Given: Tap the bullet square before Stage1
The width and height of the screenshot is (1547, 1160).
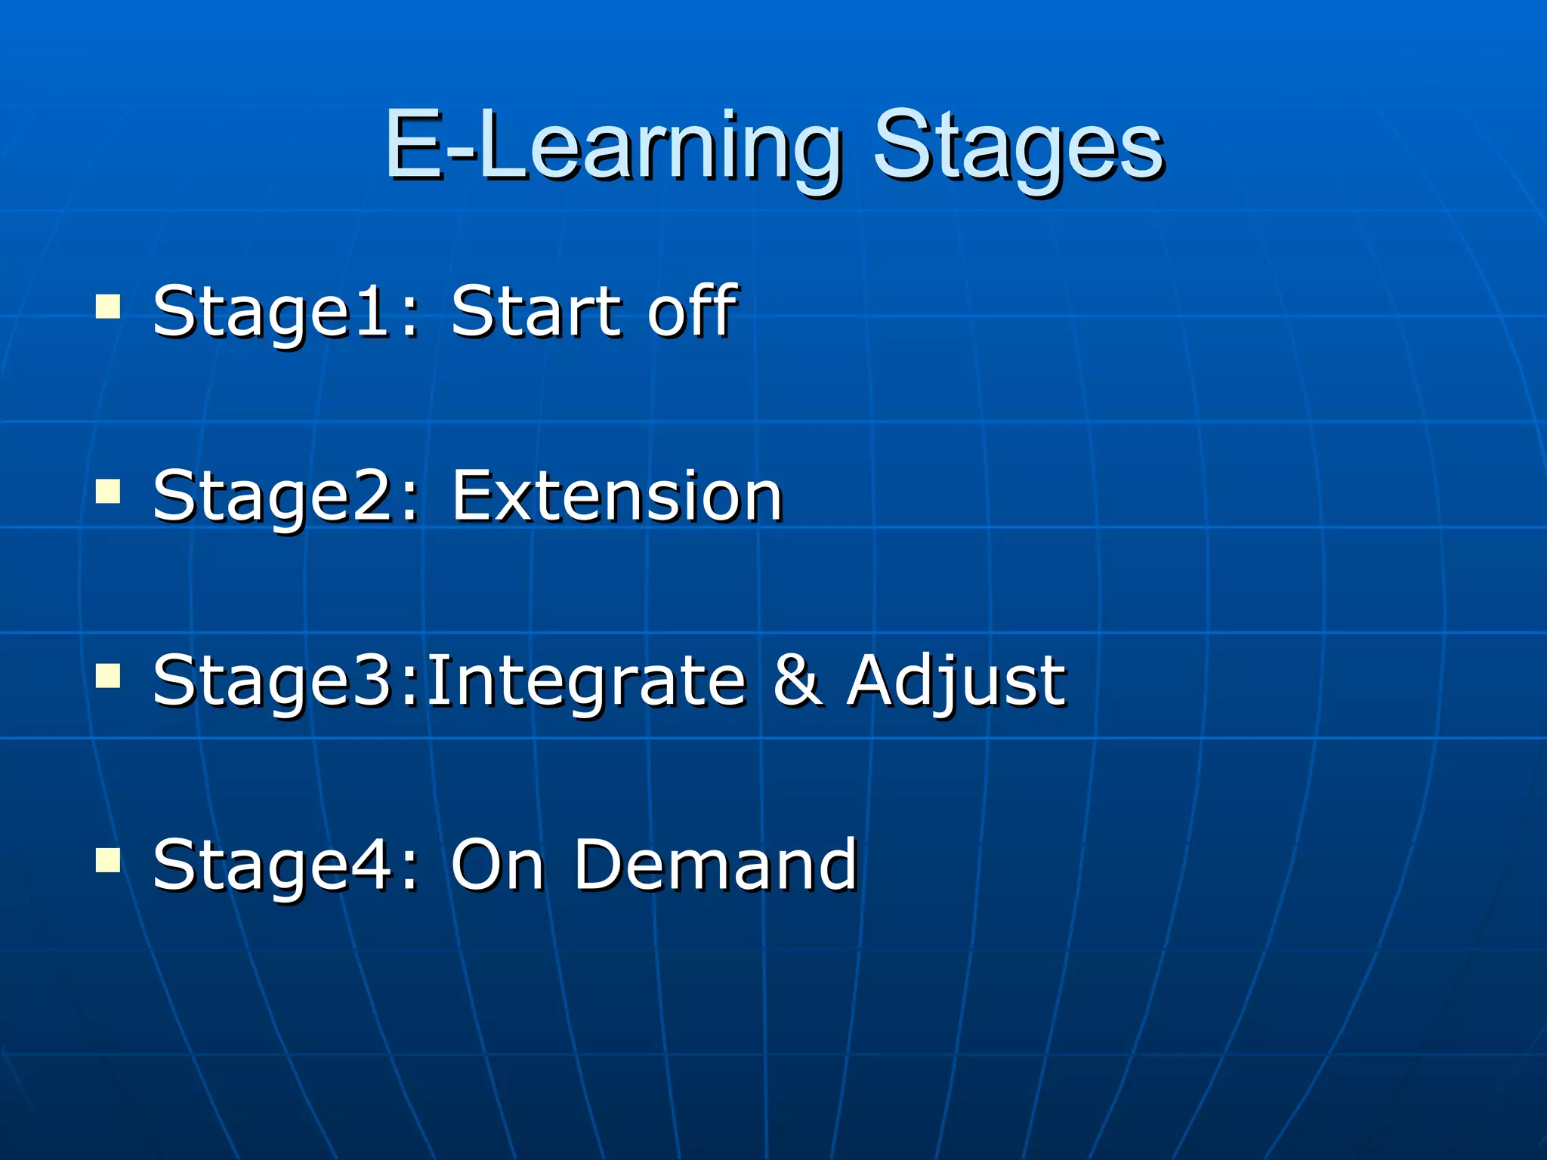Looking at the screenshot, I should pyautogui.click(x=108, y=307).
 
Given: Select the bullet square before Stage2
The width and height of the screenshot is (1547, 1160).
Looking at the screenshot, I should pyautogui.click(x=108, y=492).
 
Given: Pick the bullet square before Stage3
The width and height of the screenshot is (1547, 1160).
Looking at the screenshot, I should pyautogui.click(x=108, y=677).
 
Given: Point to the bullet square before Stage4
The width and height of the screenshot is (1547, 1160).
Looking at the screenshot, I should pyautogui.click(x=108, y=860).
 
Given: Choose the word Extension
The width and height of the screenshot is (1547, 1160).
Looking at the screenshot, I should pyautogui.click(x=616, y=496).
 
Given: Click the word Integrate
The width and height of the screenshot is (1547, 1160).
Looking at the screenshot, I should pyautogui.click(x=586, y=681).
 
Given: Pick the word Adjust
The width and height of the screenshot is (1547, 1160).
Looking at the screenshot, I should pyautogui.click(x=956, y=681).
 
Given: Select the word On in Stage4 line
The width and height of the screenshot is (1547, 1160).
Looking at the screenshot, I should pyautogui.click(x=497, y=865).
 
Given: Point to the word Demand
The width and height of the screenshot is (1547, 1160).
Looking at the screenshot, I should pyautogui.click(x=715, y=865).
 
